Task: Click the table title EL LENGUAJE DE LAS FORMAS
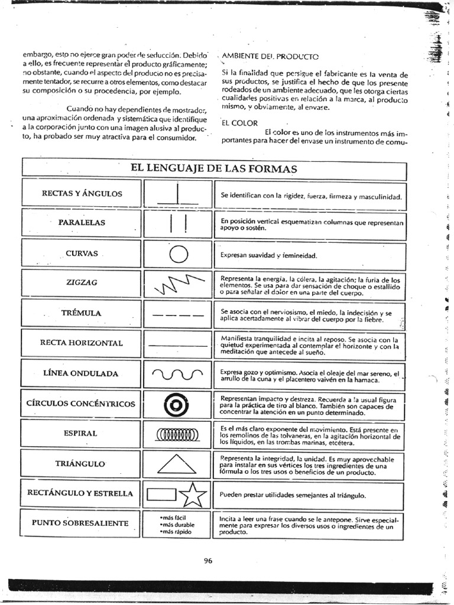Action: click(x=213, y=169)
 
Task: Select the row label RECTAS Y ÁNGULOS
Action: click(x=82, y=194)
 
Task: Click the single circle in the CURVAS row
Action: click(x=178, y=255)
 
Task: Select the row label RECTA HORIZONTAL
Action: click(x=82, y=343)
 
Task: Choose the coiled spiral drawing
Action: click(x=177, y=435)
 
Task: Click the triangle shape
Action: click(x=177, y=464)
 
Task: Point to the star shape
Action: click(x=193, y=495)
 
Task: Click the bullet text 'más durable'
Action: click(x=177, y=524)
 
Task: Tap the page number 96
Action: click(x=208, y=561)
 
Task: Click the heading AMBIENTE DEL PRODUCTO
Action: click(x=270, y=57)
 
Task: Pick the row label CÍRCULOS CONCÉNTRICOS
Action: click(x=80, y=404)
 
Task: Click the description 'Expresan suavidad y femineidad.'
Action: click(x=269, y=256)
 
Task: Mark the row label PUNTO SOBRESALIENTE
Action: click(x=80, y=523)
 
